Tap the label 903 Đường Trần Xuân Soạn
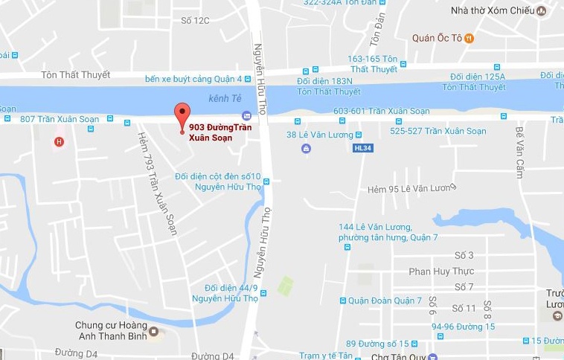point(220,132)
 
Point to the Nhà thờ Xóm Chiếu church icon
point(541,10)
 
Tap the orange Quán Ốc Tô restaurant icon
point(468,39)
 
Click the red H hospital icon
point(59,141)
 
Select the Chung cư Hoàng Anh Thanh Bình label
point(110,331)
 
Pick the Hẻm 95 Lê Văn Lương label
point(410,190)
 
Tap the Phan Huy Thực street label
point(440,271)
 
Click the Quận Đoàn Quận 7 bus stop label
point(386,300)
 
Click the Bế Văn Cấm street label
point(520,152)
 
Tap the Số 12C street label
point(195,20)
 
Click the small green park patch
point(285,286)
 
